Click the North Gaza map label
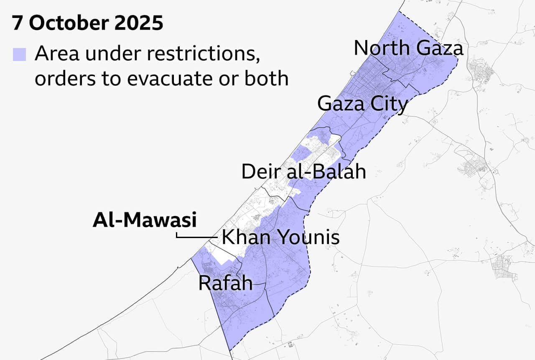coord(408,48)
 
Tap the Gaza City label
coord(362,104)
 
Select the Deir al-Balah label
coord(304,172)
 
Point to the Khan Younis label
coord(280,238)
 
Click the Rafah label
coord(225,283)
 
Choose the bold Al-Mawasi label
coord(144,220)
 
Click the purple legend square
coord(19,55)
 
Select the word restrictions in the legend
coord(209,54)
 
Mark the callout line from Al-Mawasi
coord(196,237)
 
